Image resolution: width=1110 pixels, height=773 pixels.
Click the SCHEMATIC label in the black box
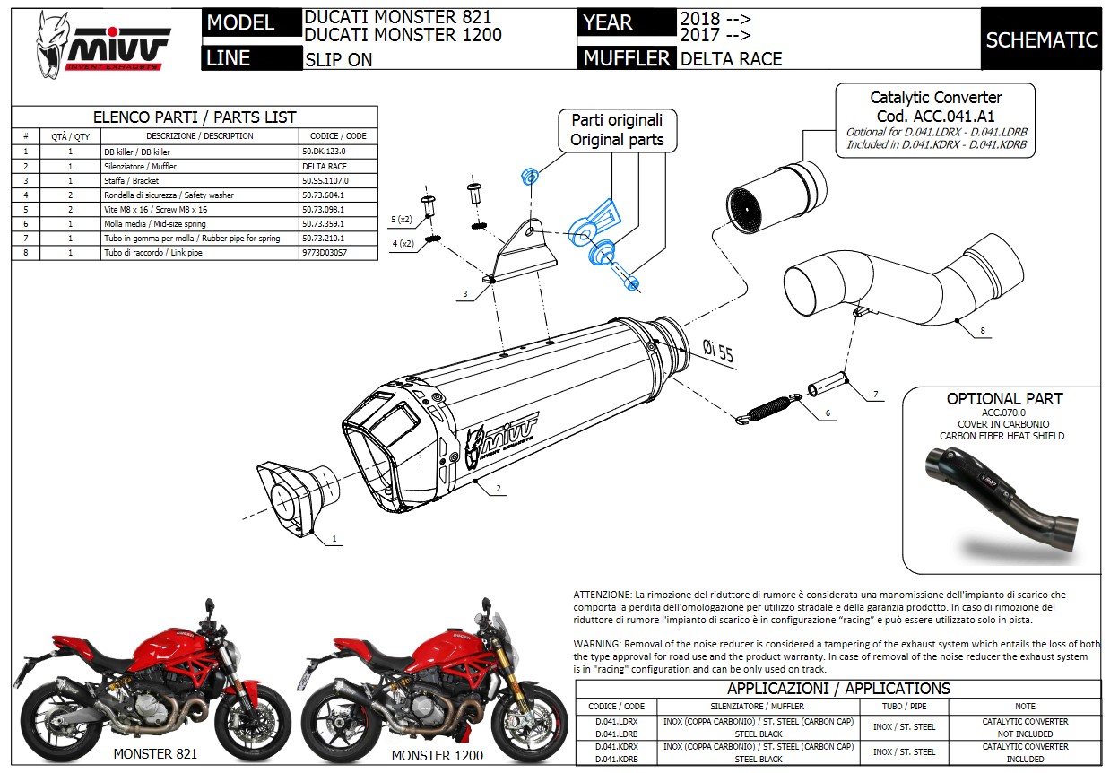click(1041, 39)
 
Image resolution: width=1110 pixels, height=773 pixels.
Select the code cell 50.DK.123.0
click(324, 152)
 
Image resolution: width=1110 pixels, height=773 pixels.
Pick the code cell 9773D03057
click(325, 253)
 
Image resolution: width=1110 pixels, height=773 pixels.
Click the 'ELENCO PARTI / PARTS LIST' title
click(195, 117)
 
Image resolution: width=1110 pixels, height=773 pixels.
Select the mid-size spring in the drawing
click(772, 407)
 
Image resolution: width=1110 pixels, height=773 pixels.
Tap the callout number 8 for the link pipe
click(982, 331)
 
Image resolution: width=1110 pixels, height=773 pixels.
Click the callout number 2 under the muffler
click(498, 489)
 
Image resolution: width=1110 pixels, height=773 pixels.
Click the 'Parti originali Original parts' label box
click(617, 130)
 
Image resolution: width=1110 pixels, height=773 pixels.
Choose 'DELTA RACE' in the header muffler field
click(732, 59)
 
